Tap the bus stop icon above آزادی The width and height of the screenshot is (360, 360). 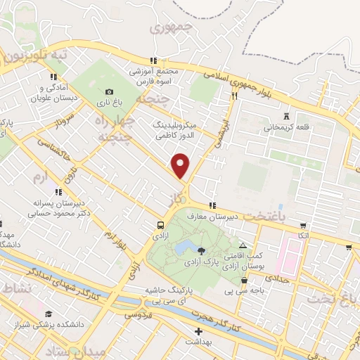(162, 226)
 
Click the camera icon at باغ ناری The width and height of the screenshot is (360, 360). (109, 92)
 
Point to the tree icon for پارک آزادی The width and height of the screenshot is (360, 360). (202, 250)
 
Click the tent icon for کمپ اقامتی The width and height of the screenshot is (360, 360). (243, 247)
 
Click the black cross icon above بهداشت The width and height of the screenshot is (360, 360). (198, 330)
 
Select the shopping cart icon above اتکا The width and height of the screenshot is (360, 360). (302, 226)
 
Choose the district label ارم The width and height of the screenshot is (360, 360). (42, 177)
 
